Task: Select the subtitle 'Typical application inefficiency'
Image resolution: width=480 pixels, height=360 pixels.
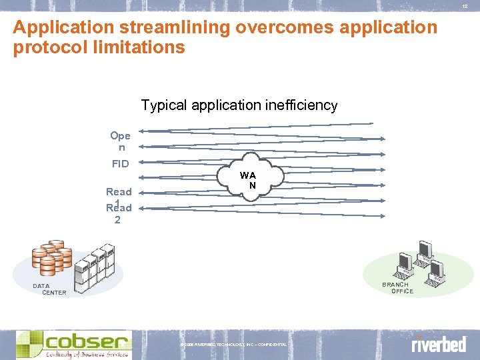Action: [x=239, y=105]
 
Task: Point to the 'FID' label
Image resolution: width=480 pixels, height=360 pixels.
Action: [x=120, y=163]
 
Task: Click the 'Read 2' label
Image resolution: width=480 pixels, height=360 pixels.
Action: [x=119, y=213]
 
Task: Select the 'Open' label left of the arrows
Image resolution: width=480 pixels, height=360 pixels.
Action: [x=120, y=141]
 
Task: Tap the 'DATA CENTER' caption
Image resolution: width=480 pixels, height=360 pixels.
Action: [x=51, y=289]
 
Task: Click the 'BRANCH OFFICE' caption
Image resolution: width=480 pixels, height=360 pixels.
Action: [x=398, y=288]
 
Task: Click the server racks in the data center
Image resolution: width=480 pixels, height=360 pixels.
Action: [x=93, y=266]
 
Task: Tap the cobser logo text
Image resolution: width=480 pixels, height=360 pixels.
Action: [x=87, y=341]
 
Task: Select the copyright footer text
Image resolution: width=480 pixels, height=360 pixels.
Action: [x=233, y=344]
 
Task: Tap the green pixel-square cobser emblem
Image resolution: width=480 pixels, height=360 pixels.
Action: [x=29, y=344]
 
